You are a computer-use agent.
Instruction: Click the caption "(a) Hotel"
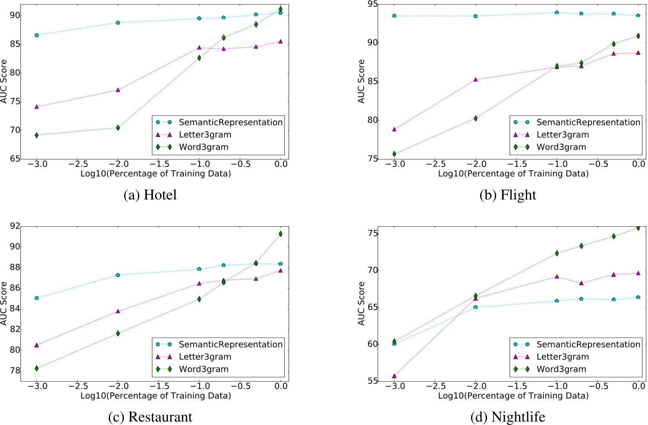(x=150, y=195)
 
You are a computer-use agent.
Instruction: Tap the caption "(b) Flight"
(x=507, y=195)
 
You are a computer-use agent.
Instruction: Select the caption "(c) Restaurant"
(x=150, y=417)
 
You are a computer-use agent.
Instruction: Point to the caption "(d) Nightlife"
(x=507, y=417)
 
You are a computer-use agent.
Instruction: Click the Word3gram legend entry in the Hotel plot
(x=203, y=147)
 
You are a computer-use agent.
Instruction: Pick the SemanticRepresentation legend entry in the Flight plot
(x=588, y=122)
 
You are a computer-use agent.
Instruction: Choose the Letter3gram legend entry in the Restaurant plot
(x=205, y=357)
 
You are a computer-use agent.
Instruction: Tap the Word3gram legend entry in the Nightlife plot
(x=561, y=369)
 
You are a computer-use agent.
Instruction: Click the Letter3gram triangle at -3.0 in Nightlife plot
(x=394, y=376)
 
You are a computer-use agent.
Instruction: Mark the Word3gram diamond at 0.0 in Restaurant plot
(x=280, y=234)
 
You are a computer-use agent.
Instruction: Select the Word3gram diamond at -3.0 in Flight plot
(x=394, y=154)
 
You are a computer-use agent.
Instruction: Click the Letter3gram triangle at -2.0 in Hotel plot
(x=118, y=90)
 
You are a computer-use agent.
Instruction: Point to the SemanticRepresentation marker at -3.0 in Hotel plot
(x=36, y=35)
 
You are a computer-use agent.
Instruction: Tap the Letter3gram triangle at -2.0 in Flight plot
(x=475, y=80)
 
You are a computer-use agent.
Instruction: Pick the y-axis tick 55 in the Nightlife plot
(x=372, y=381)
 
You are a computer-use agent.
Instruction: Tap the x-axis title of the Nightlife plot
(x=513, y=396)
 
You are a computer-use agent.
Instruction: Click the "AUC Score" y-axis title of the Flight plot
(x=362, y=81)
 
